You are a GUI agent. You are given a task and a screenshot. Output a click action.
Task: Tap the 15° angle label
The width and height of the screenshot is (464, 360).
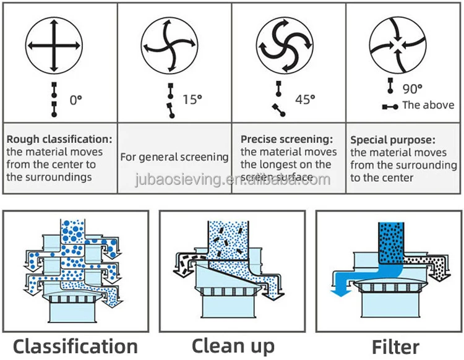tap(192, 99)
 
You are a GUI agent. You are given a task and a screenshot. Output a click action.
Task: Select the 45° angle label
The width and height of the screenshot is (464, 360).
tap(304, 99)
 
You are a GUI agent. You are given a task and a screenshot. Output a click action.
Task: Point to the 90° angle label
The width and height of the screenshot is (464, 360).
tap(412, 89)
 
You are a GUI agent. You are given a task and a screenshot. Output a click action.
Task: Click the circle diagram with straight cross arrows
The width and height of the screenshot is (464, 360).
tap(53, 45)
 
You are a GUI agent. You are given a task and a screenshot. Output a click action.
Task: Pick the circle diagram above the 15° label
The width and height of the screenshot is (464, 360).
tap(170, 45)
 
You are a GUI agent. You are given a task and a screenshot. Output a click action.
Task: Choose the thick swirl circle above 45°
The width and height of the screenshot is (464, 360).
tap(283, 45)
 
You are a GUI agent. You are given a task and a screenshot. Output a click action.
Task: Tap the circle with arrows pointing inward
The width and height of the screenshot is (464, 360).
tap(397, 45)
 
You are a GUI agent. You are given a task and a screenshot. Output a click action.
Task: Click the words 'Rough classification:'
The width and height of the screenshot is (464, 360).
tap(59, 140)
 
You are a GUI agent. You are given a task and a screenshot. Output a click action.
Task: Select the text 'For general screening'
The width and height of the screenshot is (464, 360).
tap(174, 157)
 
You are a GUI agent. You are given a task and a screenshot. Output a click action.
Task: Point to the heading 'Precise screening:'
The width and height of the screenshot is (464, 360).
tap(286, 140)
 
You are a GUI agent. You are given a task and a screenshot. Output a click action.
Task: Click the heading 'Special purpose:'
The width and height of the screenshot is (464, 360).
tap(393, 140)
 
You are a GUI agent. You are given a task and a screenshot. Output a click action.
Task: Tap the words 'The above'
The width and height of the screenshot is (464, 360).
tap(428, 105)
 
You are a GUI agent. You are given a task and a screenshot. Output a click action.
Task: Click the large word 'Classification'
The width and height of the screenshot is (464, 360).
tap(75, 346)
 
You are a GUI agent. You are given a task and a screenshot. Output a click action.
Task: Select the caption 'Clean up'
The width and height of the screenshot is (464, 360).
tap(233, 345)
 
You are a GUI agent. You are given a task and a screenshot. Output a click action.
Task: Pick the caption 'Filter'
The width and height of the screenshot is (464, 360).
tap(395, 346)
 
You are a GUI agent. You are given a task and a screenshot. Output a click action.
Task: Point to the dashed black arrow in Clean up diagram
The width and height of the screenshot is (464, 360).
tap(186, 259)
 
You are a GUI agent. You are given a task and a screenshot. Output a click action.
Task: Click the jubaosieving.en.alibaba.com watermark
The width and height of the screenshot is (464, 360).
tap(232, 180)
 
